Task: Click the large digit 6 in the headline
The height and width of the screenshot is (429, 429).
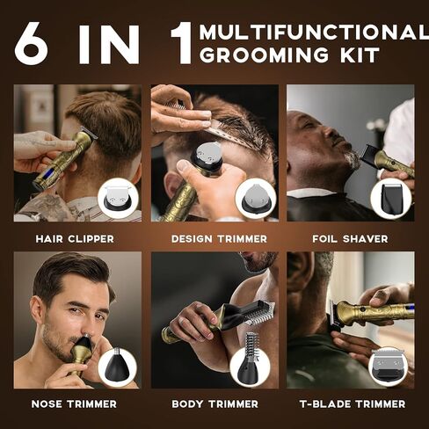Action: coord(32,43)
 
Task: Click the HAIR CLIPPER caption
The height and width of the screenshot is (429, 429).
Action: coord(75,239)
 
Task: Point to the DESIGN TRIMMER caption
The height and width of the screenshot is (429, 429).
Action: coord(219,239)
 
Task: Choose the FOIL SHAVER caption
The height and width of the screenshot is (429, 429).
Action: coord(350,239)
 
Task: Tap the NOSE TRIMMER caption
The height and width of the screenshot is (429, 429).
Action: coord(74,404)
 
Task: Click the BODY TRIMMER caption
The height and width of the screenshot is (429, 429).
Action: coord(215,404)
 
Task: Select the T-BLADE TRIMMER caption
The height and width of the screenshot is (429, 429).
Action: coord(353,404)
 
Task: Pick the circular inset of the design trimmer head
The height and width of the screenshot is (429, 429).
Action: coord(256,198)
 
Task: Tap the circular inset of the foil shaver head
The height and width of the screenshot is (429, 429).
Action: coord(391,198)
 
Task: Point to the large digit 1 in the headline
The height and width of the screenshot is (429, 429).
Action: coord(182,43)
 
